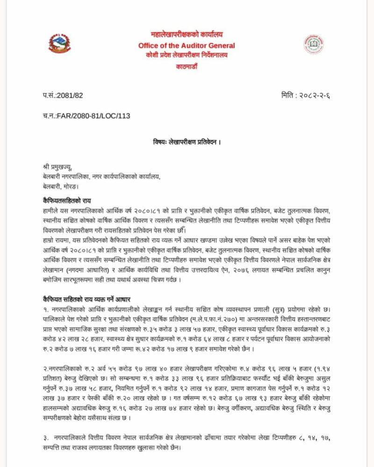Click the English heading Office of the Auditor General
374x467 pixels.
pyautogui.click(x=187, y=45)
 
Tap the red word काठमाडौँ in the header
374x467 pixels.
pyautogui.click(x=187, y=66)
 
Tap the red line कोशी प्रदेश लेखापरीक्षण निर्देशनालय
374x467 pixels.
pyautogui.click(x=187, y=55)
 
